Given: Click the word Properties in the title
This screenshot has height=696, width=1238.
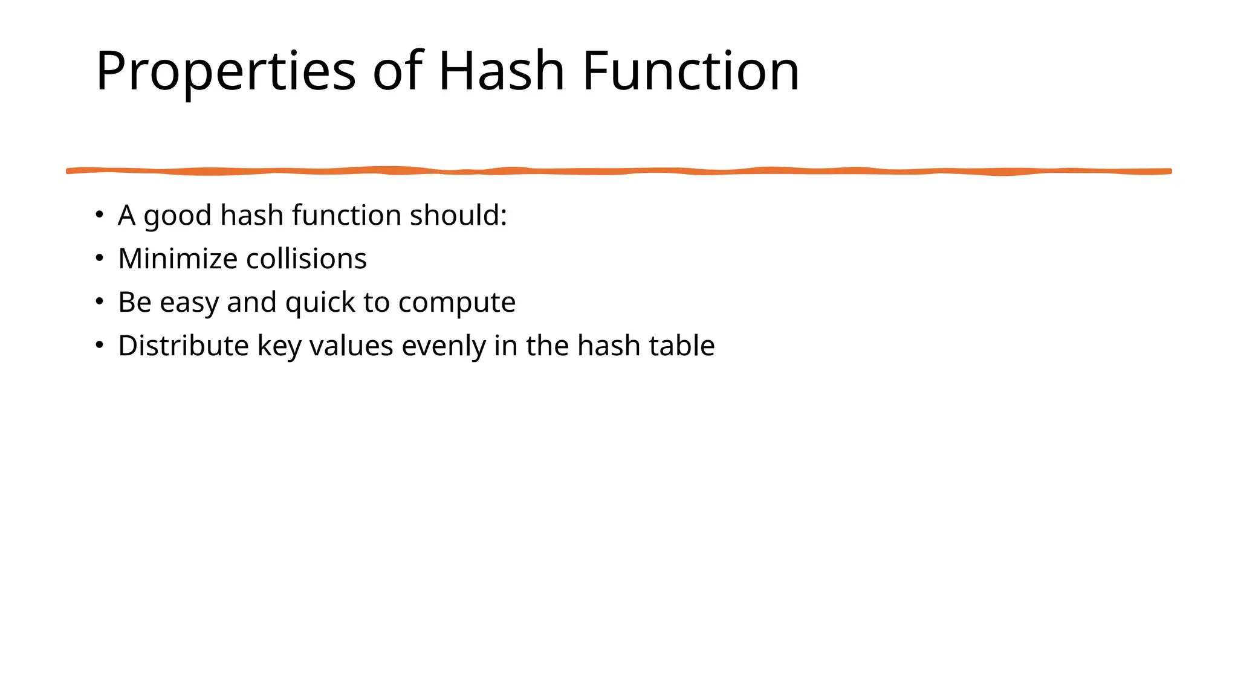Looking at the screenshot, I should [225, 71].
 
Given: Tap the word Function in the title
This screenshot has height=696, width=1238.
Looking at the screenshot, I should [690, 71].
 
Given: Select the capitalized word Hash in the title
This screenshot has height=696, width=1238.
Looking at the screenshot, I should [501, 71].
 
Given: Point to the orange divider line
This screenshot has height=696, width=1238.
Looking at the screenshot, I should [619, 172].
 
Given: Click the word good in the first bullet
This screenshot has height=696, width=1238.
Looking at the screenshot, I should [178, 216].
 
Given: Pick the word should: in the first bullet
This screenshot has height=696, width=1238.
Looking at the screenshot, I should [458, 215].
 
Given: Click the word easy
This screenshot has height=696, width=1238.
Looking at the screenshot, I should [189, 302].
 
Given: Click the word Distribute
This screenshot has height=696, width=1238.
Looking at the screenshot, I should [183, 346].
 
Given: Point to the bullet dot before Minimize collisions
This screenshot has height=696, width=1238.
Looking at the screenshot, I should [100, 258].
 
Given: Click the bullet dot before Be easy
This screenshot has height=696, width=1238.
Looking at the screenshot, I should [100, 301].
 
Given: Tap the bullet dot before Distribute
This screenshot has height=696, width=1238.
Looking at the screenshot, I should [100, 345].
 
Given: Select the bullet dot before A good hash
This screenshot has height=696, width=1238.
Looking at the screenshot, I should [100, 214].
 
